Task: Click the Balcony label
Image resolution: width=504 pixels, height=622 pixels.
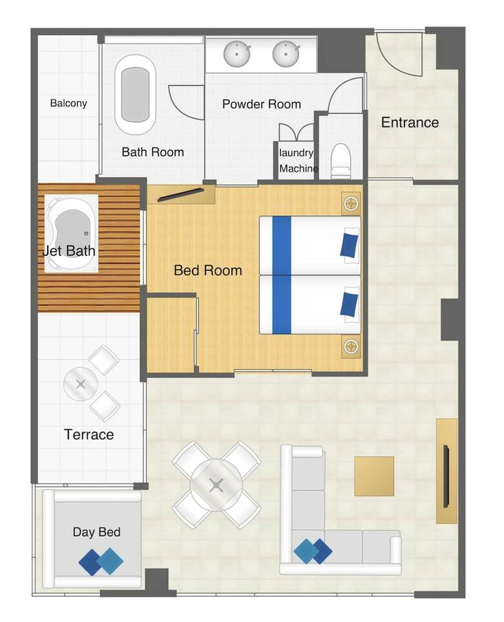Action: point(68,103)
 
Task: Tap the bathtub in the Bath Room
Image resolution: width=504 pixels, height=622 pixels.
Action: point(135,95)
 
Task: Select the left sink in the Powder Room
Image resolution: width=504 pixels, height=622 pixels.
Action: point(236,54)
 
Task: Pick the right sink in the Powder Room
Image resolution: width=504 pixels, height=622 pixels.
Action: point(286,54)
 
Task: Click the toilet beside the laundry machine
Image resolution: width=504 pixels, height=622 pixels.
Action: point(341,160)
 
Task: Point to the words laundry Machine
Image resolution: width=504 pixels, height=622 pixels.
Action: point(298,160)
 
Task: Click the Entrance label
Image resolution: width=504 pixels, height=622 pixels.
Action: point(410,122)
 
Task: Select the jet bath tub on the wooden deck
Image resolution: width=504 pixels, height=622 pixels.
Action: point(71,233)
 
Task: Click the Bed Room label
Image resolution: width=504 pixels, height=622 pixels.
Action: point(208,270)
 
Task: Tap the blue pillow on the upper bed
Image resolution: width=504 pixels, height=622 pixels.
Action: point(350,245)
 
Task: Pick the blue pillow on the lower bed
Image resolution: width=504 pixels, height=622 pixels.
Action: point(350,305)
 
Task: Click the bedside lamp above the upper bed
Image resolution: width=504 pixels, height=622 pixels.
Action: point(351,204)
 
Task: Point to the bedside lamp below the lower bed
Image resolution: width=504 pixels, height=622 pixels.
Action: point(351,347)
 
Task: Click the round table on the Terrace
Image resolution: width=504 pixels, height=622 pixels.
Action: point(81,384)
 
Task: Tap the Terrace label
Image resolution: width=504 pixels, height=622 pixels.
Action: point(89,434)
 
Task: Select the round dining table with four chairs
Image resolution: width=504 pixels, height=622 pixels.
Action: point(216,485)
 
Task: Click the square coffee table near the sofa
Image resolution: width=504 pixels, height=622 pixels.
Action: point(374,476)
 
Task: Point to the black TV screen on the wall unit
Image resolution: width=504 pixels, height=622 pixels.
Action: point(446,477)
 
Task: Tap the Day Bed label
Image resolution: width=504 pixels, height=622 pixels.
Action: point(97,532)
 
